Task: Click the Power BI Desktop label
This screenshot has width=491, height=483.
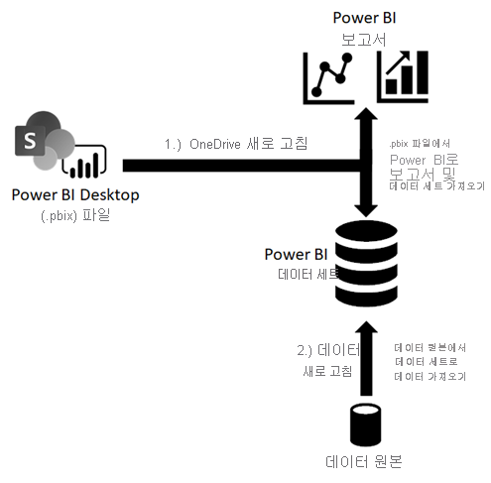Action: click(x=74, y=194)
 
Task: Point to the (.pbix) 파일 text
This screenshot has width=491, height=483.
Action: click(x=75, y=214)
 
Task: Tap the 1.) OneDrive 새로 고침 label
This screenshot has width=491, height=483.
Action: click(x=235, y=144)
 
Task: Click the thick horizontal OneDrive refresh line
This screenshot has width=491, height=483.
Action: click(x=238, y=165)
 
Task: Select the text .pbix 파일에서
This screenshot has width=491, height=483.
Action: click(x=416, y=142)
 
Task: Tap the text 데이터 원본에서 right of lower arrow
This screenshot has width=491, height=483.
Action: click(x=430, y=348)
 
